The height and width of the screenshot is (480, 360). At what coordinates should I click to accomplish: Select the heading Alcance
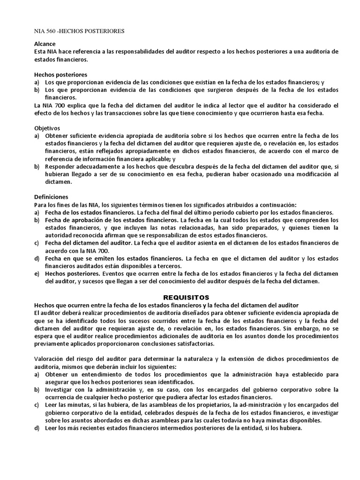(45, 44)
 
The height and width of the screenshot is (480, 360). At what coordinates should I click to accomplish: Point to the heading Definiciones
(51, 197)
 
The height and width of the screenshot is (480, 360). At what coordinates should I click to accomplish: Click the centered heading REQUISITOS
(186, 297)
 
